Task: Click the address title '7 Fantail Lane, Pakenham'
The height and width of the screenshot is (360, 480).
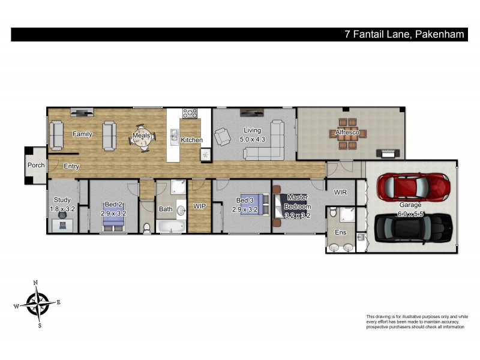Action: click(404, 34)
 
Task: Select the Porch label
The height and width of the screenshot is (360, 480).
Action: click(35, 165)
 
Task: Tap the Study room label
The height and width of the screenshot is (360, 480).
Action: click(62, 200)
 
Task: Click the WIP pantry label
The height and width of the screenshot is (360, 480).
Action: click(200, 206)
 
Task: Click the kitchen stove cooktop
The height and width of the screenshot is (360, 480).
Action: click(191, 112)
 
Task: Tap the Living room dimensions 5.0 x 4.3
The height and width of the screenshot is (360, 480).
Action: click(251, 139)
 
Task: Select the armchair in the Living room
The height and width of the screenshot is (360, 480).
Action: click(223, 137)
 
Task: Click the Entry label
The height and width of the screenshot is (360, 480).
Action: click(71, 166)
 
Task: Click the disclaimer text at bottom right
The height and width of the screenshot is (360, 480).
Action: click(416, 322)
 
